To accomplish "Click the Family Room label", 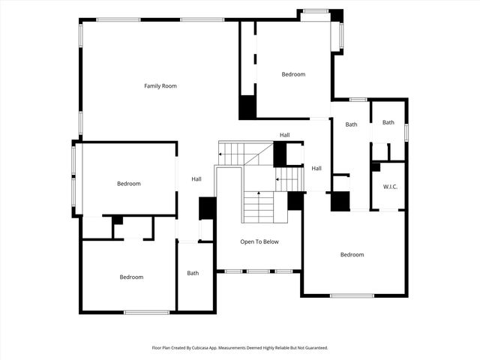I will click(x=160, y=86).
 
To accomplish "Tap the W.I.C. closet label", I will click(x=389, y=187).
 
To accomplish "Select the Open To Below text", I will click(x=259, y=241).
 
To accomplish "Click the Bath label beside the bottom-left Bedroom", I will click(x=193, y=273).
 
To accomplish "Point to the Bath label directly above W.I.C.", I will click(x=388, y=122).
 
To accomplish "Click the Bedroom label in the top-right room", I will click(x=293, y=74).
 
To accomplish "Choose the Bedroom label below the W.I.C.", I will click(x=352, y=255).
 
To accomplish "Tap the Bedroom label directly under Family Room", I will click(x=128, y=184).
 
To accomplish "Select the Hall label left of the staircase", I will click(x=196, y=178).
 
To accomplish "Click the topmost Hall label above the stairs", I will click(x=285, y=135).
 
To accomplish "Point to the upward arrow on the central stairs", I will click(x=259, y=193).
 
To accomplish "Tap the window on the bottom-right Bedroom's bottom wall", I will click(x=352, y=295).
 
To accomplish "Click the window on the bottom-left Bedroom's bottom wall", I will click(x=146, y=312).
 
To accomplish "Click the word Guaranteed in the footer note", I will click(x=313, y=348).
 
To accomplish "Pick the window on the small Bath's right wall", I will click(x=406, y=132).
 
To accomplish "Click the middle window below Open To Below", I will click(x=258, y=271).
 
